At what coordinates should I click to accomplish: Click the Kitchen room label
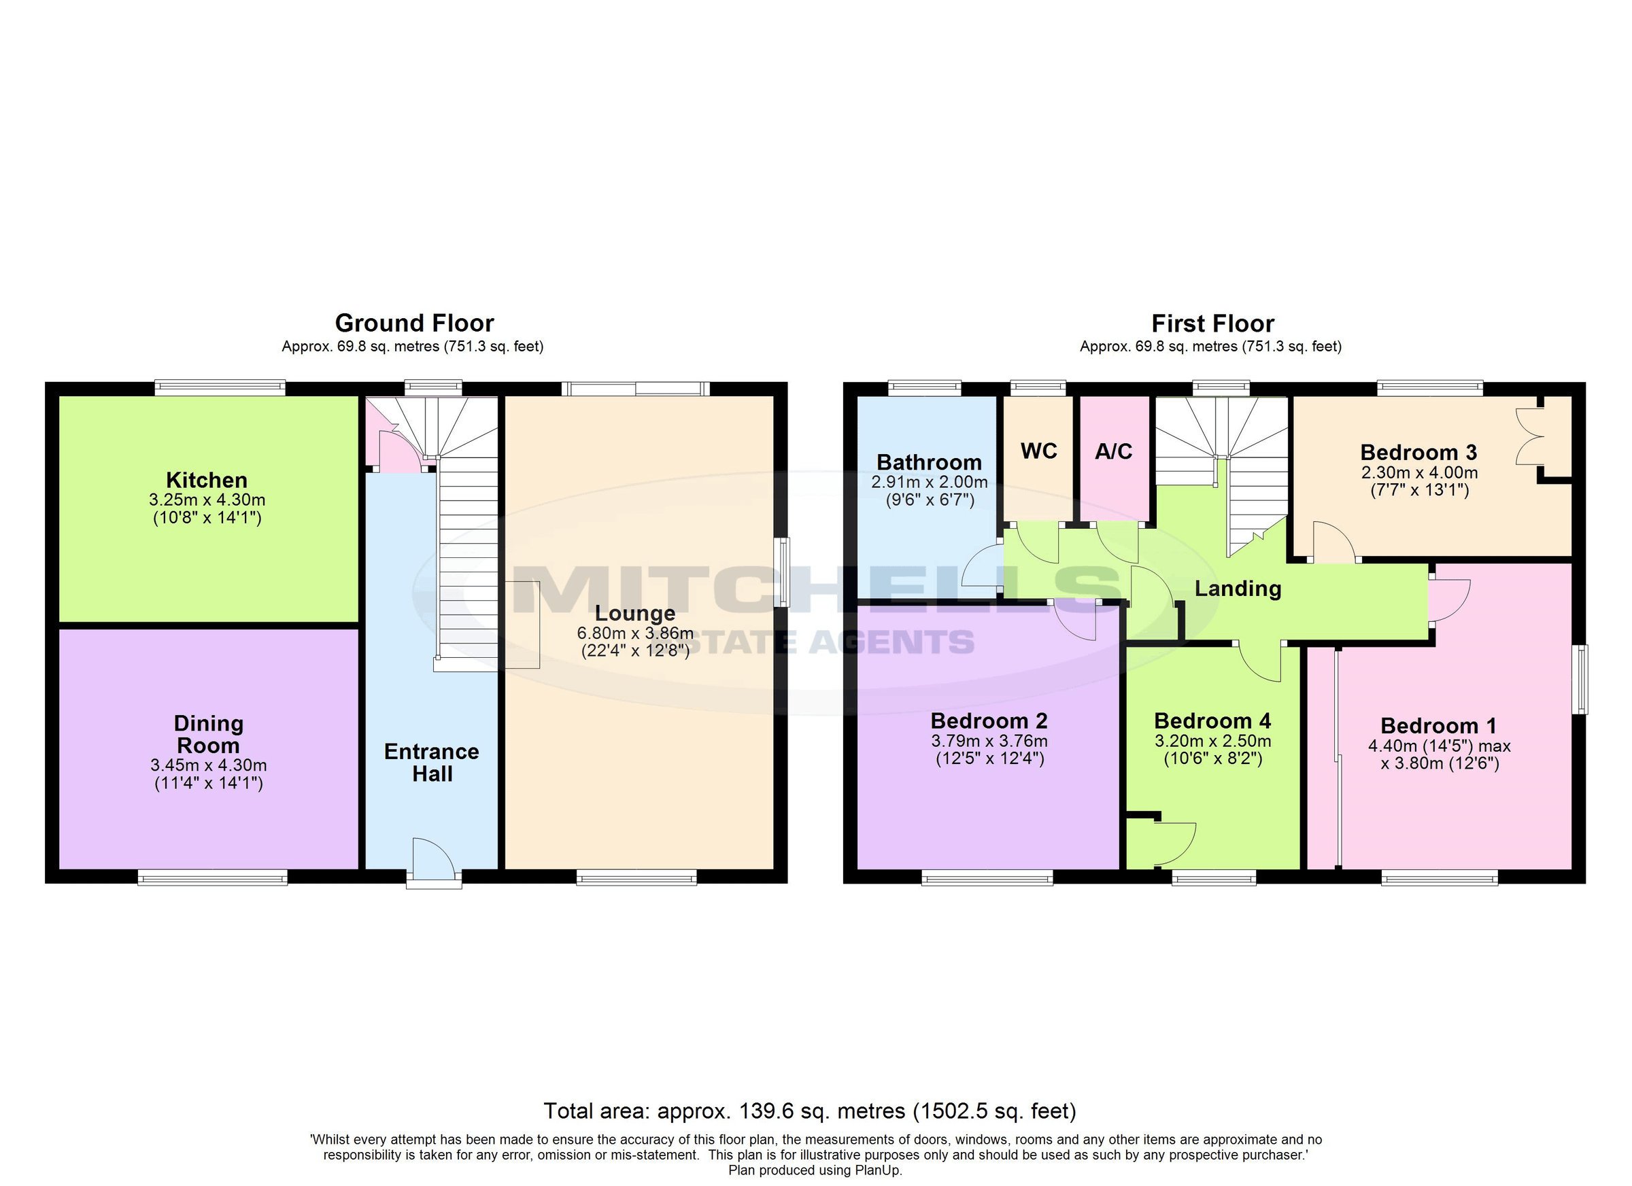pyautogui.click(x=207, y=480)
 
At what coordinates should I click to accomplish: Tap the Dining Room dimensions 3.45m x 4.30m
pyautogui.click(x=208, y=765)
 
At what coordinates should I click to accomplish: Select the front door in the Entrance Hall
pyautogui.click(x=433, y=860)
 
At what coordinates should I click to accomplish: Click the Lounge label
pyautogui.click(x=634, y=613)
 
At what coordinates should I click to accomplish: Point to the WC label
pyautogui.click(x=1038, y=451)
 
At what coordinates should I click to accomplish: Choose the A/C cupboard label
pyautogui.click(x=1113, y=451)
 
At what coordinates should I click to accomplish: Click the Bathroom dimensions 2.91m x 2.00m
pyautogui.click(x=929, y=482)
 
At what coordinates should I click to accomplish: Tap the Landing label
pyautogui.click(x=1238, y=589)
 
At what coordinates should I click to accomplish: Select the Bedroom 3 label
pyautogui.click(x=1418, y=453)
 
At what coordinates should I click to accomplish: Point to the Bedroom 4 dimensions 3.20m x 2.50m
pyautogui.click(x=1212, y=741)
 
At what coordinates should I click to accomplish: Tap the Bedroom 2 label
pyautogui.click(x=989, y=720)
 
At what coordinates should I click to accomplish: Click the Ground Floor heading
pyautogui.click(x=415, y=323)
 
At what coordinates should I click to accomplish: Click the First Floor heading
pyautogui.click(x=1212, y=323)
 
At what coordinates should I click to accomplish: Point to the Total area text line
pyautogui.click(x=809, y=1111)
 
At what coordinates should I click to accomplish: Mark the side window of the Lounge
pyautogui.click(x=784, y=572)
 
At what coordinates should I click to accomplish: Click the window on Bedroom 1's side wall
pyautogui.click(x=1580, y=680)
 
